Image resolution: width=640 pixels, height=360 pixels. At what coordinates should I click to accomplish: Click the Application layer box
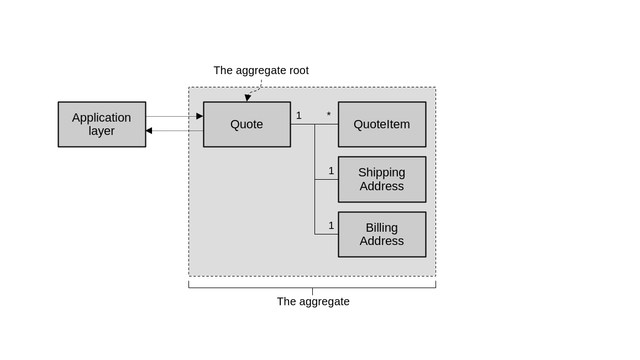coord(102,124)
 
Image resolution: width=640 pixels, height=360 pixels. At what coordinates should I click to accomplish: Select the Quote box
coord(246,124)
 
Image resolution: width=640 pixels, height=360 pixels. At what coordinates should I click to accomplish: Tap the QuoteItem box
coord(382,124)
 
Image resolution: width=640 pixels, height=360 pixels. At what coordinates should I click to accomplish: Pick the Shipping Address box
coord(382,179)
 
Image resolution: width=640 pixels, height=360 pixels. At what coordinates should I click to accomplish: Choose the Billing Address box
coord(382,234)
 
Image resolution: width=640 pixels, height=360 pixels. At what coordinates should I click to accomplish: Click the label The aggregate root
coord(261,70)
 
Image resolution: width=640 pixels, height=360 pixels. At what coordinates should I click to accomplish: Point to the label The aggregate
coord(313,301)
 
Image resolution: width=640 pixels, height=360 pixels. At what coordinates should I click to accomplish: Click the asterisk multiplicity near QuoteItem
coord(329,115)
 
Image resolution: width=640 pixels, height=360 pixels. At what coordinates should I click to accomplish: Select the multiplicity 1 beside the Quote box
coord(299,116)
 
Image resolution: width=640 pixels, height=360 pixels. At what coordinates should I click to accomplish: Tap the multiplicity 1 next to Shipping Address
coord(331,171)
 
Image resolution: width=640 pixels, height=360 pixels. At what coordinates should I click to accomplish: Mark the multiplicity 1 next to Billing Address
coord(331,226)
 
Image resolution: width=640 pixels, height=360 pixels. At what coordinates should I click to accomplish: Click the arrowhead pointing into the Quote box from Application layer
coord(200,116)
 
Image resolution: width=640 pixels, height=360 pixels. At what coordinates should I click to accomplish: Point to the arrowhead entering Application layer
coord(149,131)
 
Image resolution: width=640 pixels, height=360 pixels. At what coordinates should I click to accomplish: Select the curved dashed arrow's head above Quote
coord(248,98)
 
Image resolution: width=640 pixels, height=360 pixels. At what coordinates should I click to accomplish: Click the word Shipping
coord(381,173)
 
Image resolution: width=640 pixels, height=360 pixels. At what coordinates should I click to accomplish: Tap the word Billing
coord(381,228)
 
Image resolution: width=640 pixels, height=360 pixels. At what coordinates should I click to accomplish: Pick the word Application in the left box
coord(101,118)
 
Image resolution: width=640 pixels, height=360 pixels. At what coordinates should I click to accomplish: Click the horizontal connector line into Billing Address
coord(326,234)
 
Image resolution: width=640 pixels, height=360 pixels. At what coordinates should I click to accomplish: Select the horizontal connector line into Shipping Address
coord(326,179)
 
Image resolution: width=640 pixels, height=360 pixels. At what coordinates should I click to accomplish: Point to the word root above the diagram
coord(299,70)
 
